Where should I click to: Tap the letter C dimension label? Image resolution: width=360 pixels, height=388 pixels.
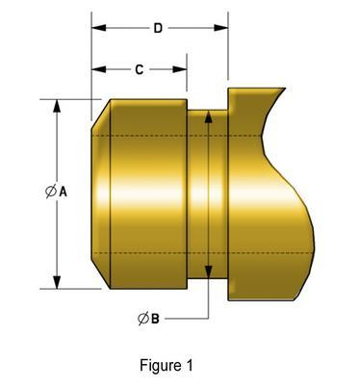140,70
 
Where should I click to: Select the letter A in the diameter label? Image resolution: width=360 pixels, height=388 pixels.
64,193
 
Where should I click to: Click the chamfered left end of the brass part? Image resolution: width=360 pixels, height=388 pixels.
101,193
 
